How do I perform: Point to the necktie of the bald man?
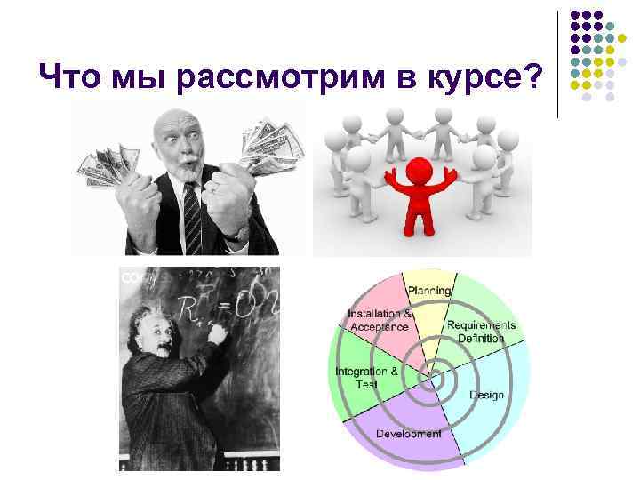click(192, 213)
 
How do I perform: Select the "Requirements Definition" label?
click(481, 331)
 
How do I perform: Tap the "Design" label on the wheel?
click(486, 395)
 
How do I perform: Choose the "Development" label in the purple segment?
click(408, 434)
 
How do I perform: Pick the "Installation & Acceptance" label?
click(379, 320)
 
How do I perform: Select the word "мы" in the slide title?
click(144, 81)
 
